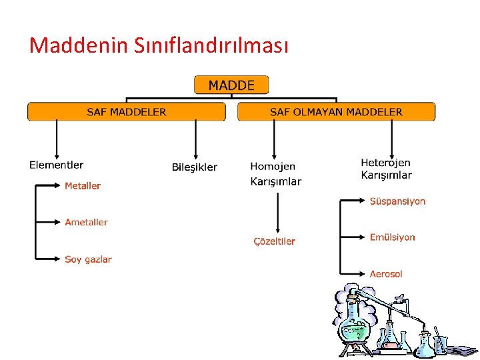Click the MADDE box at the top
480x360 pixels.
(231, 85)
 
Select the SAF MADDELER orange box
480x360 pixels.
(127, 111)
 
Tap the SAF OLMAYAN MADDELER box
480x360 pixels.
(336, 111)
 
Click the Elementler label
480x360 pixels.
(57, 165)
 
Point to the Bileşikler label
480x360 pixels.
(195, 167)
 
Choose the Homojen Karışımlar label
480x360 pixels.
(275, 173)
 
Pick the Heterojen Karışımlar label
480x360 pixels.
(386, 169)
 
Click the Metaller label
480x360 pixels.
(83, 186)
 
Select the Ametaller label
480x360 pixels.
(86, 222)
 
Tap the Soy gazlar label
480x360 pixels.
(88, 259)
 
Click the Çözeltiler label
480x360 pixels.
(274, 241)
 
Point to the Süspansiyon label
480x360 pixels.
(397, 201)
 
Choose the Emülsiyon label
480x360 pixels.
(393, 237)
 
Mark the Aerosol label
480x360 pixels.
(386, 274)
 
